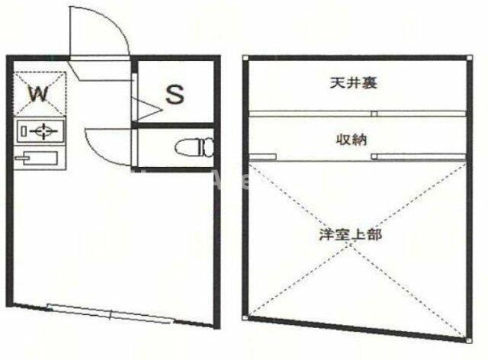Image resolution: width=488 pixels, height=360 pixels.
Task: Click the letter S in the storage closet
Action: coord(175,95)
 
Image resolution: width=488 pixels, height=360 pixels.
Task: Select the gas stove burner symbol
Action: coord(41,132)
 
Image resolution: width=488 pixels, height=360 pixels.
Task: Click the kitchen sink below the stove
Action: coord(36,159)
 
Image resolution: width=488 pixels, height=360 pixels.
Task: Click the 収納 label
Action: coord(352,139)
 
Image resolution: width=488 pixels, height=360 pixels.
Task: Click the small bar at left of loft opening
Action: coord(262,157)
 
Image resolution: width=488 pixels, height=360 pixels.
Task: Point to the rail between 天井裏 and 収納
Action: coord(357,114)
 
